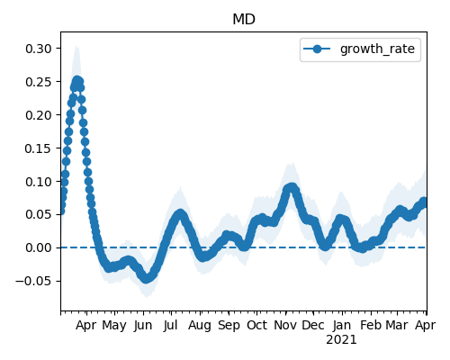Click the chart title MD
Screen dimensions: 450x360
[244, 20]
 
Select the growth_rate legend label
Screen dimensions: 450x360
[377, 49]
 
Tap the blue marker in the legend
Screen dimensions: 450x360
[317, 49]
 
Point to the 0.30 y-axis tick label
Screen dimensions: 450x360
[39, 49]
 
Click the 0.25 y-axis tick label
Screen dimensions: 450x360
[39, 82]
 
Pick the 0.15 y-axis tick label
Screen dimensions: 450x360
[39, 148]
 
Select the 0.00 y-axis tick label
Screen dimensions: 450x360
[39, 247]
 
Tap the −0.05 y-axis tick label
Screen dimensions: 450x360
[33, 281]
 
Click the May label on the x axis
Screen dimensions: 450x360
[114, 325]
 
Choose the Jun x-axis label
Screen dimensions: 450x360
[143, 325]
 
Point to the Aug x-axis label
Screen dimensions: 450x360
[200, 325]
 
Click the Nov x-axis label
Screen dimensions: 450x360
[285, 325]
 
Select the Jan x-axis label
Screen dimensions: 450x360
[342, 325]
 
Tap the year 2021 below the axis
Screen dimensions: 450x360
[342, 340]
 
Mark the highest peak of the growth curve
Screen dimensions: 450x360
[77, 80]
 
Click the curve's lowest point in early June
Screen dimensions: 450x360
[146, 278]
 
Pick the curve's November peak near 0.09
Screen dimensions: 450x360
[291, 188]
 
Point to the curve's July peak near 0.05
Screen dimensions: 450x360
[180, 214]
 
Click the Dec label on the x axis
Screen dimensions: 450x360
[313, 325]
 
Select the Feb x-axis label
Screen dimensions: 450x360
[371, 325]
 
